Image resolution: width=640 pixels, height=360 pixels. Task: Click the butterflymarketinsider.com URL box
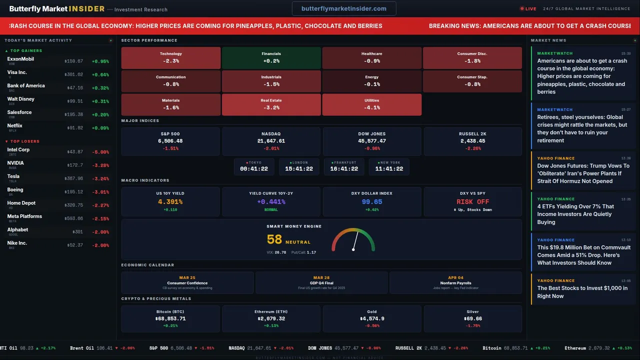click(344, 8)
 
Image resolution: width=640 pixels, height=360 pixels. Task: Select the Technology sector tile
click(170, 57)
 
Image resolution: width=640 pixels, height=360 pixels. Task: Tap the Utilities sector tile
click(371, 104)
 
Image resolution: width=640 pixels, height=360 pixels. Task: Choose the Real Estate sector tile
click(271, 104)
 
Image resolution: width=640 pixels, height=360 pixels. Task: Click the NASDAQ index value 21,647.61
click(270, 141)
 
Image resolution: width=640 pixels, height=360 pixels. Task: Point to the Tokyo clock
click(254, 166)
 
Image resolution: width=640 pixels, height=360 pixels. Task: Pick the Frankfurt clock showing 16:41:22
click(344, 166)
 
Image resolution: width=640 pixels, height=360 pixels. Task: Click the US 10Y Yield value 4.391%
click(170, 202)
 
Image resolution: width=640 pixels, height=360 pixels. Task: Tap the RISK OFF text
click(472, 202)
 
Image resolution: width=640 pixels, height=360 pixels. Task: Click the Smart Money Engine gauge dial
click(353, 240)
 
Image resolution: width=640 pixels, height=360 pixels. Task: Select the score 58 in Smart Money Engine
click(274, 239)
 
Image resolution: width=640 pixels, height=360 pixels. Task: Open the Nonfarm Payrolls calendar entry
click(455, 282)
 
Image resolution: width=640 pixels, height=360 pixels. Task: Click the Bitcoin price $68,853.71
click(170, 318)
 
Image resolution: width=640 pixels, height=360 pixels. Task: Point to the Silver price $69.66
click(472, 318)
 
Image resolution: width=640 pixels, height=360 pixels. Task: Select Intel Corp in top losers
click(18, 149)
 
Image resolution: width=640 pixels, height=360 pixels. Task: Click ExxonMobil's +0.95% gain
click(100, 61)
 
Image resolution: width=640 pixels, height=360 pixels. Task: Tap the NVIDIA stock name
click(15, 163)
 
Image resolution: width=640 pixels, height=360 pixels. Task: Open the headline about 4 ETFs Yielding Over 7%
click(575, 214)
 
